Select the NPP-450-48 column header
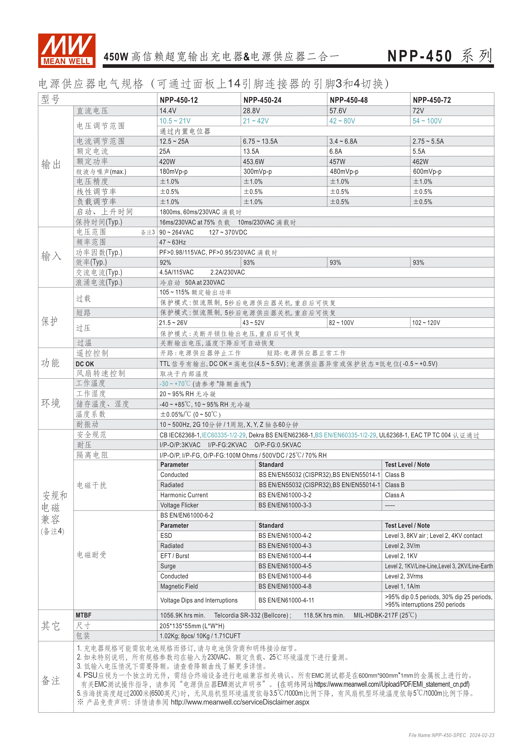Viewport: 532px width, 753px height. click(349, 100)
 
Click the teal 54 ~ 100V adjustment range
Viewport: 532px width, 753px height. click(427, 121)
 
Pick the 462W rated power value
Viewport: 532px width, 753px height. click(420, 162)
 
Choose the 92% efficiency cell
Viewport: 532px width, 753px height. click(165, 262)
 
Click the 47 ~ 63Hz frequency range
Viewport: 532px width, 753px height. click(173, 242)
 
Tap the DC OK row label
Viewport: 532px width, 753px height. click(85, 364)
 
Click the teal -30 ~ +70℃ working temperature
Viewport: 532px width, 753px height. click(175, 384)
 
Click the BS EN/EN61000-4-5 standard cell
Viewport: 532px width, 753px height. click(285, 566)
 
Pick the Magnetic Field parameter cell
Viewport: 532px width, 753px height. click(179, 586)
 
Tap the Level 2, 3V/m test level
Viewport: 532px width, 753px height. click(402, 546)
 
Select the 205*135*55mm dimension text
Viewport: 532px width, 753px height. click(192, 626)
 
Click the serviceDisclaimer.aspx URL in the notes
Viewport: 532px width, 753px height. click(240, 702)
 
